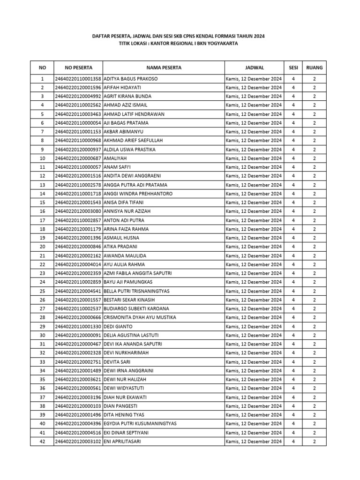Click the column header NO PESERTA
78,67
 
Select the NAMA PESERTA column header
164,67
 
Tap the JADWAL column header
254,67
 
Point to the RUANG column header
315,67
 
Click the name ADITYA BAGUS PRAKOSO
130,79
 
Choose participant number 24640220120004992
78,96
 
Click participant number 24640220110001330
78,326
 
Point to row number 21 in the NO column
42,255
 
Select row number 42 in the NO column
42,441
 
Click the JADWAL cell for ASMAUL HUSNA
254,238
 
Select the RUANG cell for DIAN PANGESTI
315,406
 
